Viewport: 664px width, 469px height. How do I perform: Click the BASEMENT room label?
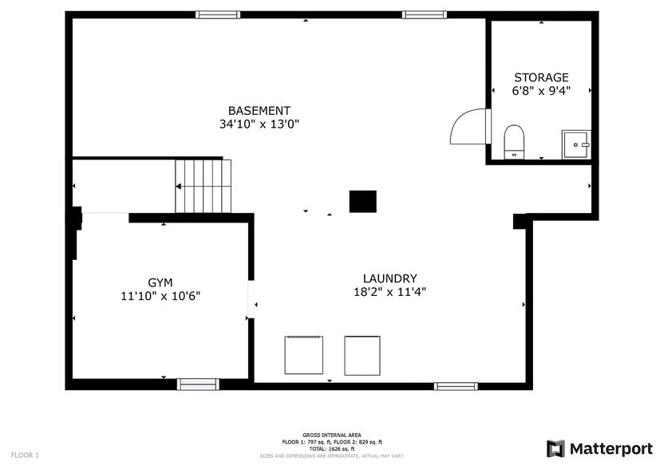[259, 110]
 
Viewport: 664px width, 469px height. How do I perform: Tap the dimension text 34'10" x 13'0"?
[259, 124]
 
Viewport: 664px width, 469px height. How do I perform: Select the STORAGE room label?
[541, 77]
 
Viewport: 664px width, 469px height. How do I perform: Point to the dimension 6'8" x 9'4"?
[541, 91]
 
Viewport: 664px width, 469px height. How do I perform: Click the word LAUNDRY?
[389, 278]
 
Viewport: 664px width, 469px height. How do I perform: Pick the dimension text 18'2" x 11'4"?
[389, 292]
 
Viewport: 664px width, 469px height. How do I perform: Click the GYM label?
[160, 282]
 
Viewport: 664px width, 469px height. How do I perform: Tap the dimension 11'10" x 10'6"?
[160, 296]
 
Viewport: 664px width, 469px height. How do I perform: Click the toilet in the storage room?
[513, 140]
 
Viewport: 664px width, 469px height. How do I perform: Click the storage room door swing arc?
[468, 126]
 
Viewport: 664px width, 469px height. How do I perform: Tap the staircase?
[203, 186]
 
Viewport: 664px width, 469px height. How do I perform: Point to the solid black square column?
[362, 201]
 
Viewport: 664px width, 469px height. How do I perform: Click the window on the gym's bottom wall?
[198, 384]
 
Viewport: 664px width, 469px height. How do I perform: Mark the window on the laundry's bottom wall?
[456, 386]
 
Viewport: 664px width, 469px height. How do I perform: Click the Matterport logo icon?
[555, 448]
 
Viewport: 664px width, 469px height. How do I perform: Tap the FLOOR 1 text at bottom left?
[24, 455]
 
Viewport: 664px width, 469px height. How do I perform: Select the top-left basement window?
[218, 14]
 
